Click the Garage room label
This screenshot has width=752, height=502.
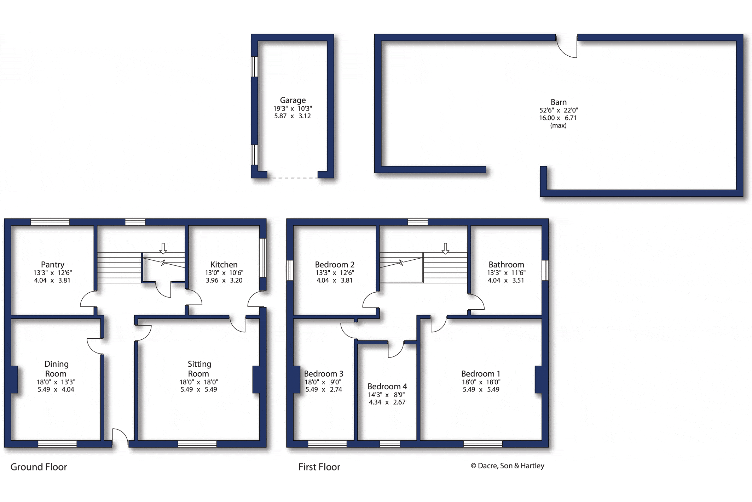coord(293,100)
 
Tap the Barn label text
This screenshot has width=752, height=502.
coord(559,102)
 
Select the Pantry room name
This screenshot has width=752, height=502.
coord(53,265)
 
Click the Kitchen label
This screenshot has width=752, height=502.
coord(224,265)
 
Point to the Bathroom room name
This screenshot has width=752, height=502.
coord(506,265)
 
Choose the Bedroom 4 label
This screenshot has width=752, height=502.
coord(387,387)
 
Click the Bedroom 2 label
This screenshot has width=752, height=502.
coord(335,265)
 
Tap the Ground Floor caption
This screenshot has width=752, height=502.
coord(39,467)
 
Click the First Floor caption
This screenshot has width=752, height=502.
coord(319,467)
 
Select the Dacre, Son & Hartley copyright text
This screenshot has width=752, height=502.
coord(508,466)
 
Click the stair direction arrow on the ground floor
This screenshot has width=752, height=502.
coord(163,248)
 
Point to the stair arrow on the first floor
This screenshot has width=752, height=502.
coord(445,248)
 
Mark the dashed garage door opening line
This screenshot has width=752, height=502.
coord(293,178)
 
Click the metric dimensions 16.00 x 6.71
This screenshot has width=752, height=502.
coord(558,118)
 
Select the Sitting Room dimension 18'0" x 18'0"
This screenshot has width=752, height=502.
coord(199,382)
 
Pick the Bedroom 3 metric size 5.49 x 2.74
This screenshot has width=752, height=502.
coord(324,389)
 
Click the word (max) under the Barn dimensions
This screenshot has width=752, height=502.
coord(558,125)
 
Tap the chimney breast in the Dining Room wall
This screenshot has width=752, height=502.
coord(14,379)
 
